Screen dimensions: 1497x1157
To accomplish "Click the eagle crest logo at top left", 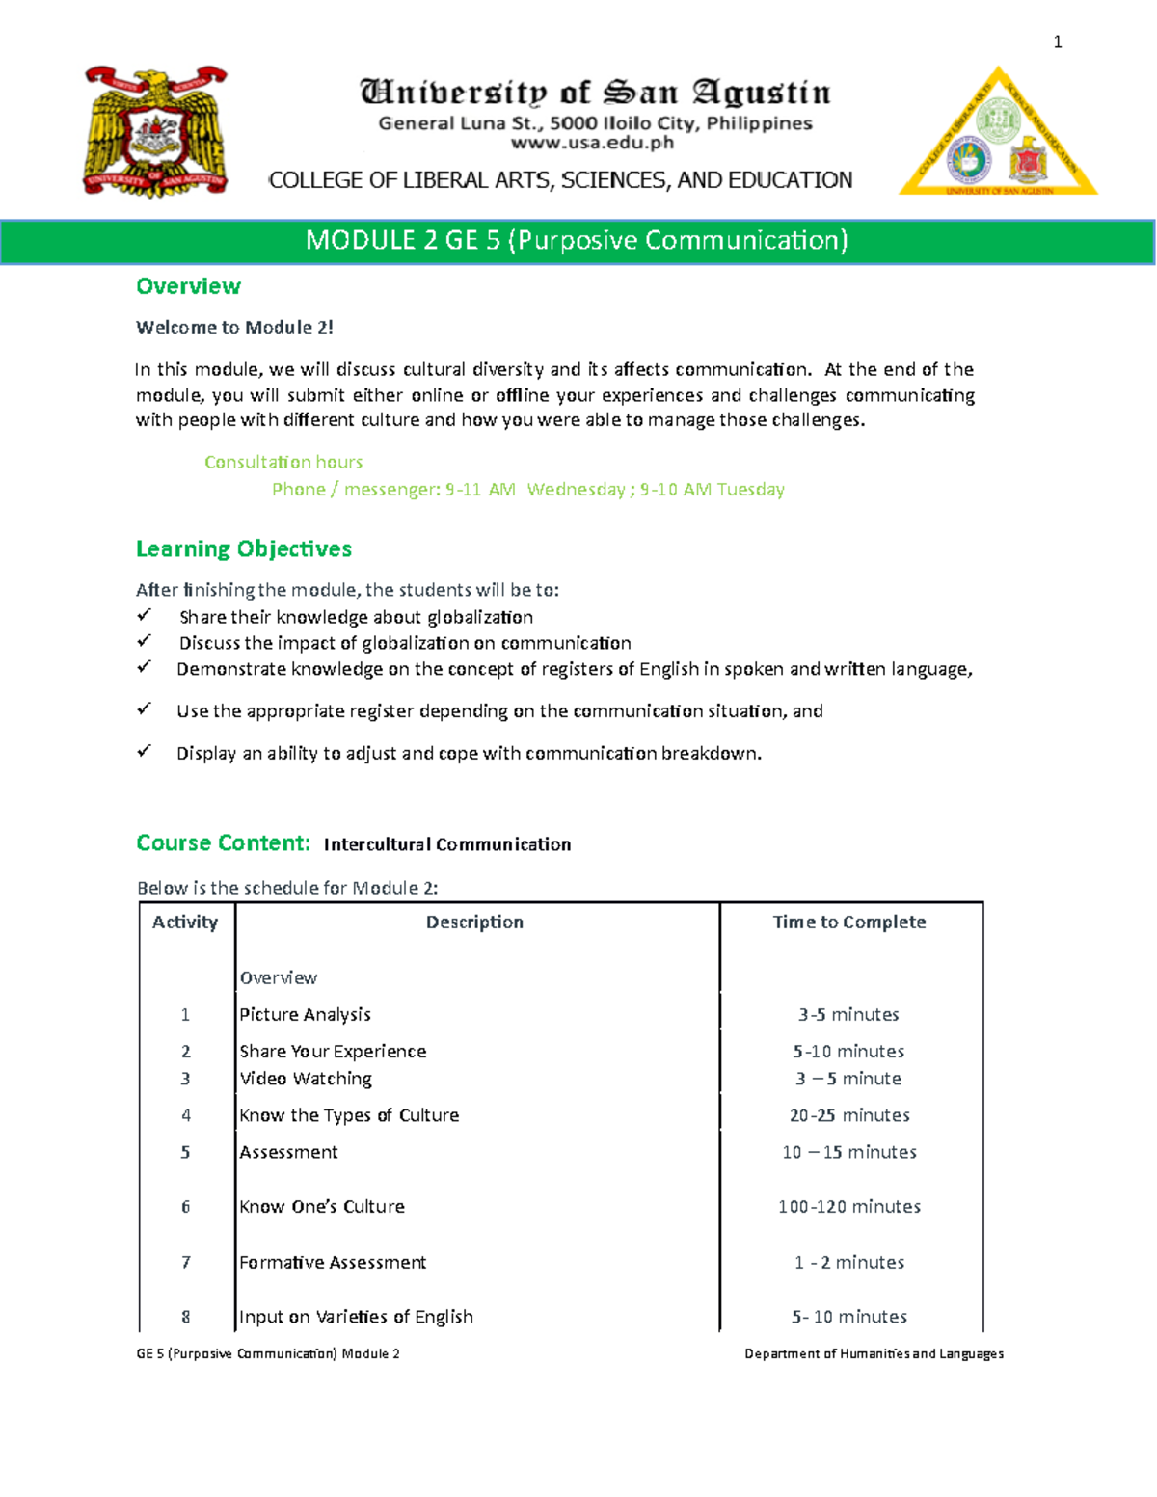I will (x=156, y=132).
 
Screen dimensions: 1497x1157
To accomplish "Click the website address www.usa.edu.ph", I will (x=592, y=144).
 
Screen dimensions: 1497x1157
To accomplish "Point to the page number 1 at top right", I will (x=1058, y=41).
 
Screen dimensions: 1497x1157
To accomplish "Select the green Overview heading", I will (x=188, y=286).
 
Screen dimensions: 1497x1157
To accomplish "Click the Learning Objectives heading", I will (x=243, y=548).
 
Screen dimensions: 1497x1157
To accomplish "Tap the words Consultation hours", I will (x=283, y=462).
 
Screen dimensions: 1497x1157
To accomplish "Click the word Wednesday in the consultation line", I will (x=576, y=489).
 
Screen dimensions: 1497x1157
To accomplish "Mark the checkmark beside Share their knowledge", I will (x=144, y=615).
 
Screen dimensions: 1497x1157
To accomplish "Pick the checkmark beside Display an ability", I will (x=144, y=751).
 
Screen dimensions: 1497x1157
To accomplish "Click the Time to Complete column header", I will (x=849, y=922).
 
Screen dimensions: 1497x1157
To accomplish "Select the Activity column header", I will (x=185, y=922).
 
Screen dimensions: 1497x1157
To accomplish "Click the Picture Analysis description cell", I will (x=305, y=1014).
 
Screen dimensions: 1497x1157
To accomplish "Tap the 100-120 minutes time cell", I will (x=849, y=1206).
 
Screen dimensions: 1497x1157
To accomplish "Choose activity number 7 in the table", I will (x=186, y=1262).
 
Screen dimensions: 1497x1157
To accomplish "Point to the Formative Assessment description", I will (x=333, y=1262).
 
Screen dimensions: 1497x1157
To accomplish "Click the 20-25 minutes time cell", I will (x=849, y=1115).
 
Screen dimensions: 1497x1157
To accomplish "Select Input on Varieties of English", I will (x=356, y=1317).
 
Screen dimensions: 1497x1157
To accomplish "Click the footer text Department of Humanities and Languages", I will (x=874, y=1353).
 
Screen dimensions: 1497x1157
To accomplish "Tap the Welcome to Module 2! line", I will (x=234, y=327).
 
